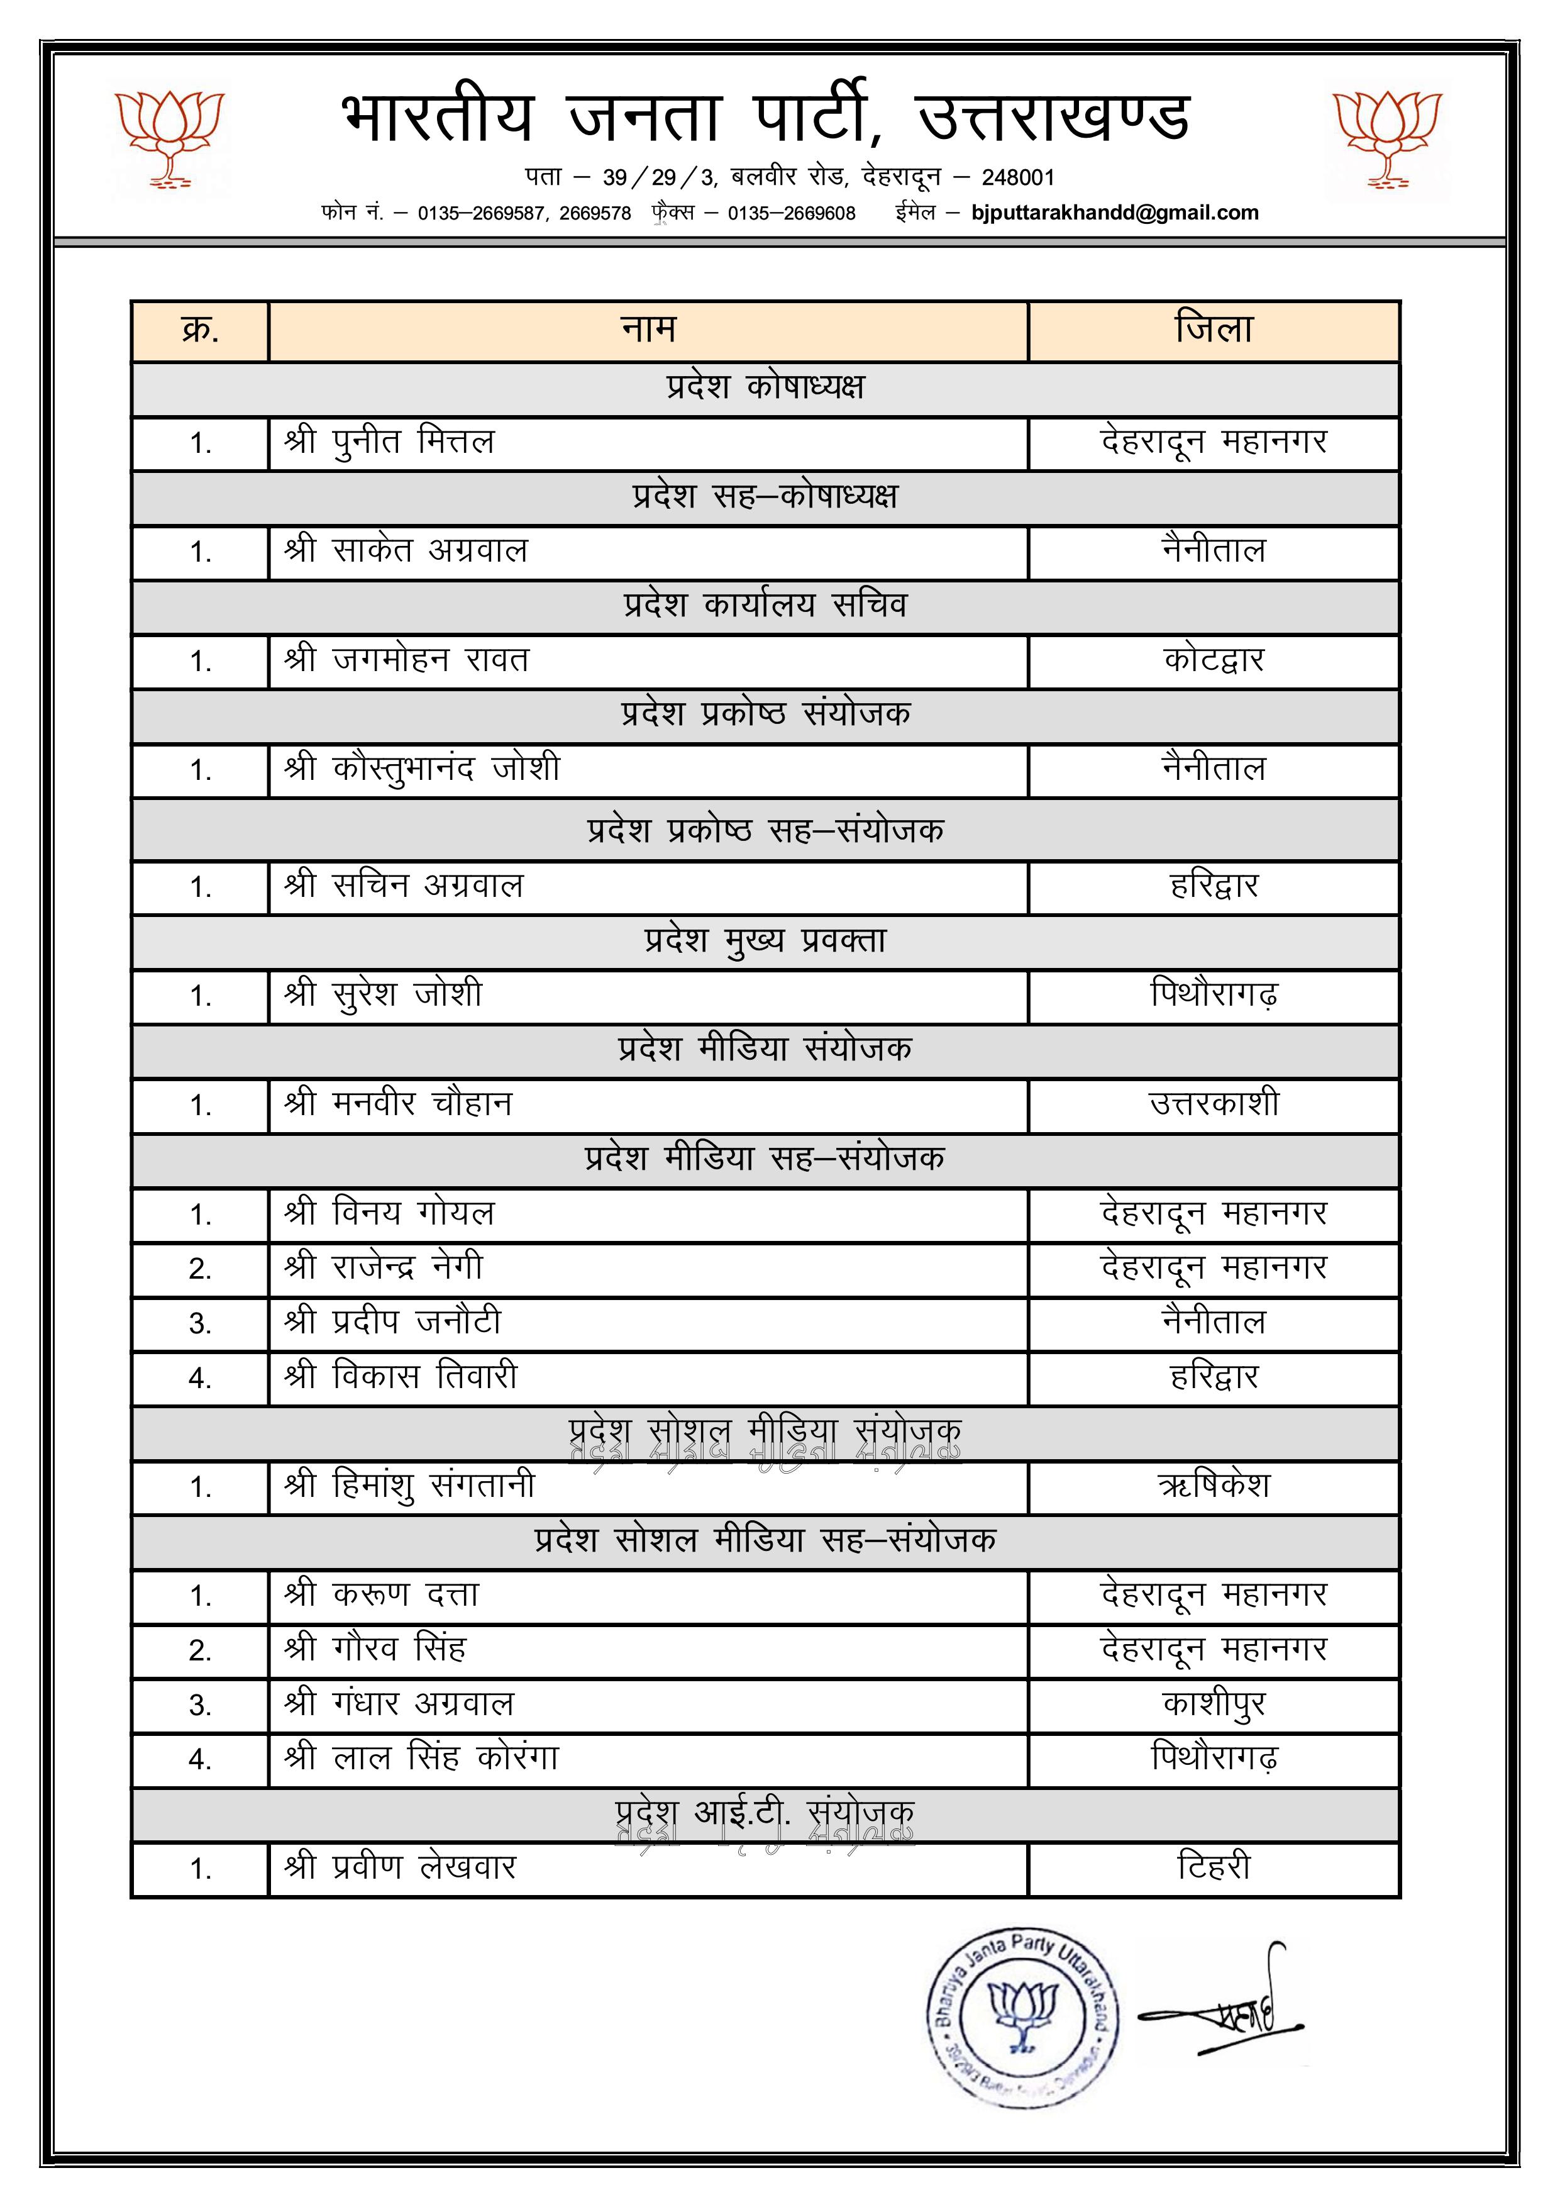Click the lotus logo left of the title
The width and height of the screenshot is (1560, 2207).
pyautogui.click(x=169, y=140)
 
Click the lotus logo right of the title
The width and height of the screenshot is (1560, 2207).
pyautogui.click(x=1387, y=140)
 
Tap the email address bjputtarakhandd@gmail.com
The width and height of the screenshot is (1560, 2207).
pyautogui.click(x=1114, y=213)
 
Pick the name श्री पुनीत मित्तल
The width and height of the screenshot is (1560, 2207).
pyautogui.click(x=389, y=443)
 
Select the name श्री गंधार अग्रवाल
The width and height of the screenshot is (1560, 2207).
pyautogui.click(x=399, y=1704)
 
